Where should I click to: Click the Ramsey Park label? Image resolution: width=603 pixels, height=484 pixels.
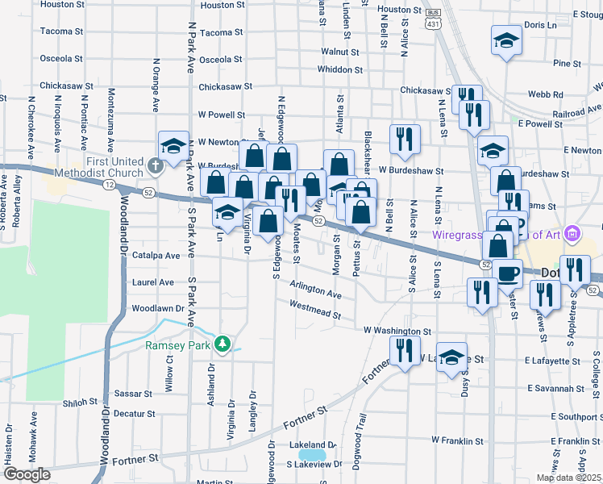(177, 345)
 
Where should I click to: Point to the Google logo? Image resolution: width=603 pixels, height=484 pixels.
(26, 474)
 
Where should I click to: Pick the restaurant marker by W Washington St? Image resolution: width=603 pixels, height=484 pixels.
(404, 351)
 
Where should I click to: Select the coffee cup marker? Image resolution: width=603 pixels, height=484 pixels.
(507, 273)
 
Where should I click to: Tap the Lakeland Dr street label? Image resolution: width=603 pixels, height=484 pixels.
(311, 445)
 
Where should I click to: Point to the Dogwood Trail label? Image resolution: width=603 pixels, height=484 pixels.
(362, 436)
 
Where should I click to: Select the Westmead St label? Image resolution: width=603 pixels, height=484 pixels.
(314, 307)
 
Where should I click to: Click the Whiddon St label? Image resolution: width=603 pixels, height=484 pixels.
(342, 69)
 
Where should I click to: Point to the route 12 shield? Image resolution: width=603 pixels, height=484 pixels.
(108, 185)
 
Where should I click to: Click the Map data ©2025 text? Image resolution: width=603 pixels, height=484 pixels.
(568, 478)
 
